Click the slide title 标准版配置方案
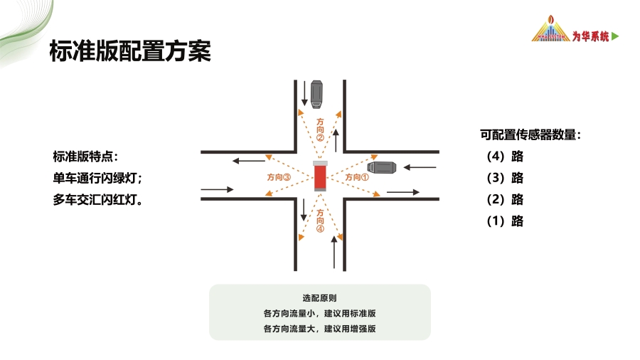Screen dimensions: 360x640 (x=130, y=52)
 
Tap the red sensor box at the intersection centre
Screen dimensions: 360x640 (x=321, y=176)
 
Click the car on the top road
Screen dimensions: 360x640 (x=316, y=94)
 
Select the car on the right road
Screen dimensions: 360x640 (x=380, y=168)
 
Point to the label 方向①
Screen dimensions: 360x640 (x=357, y=177)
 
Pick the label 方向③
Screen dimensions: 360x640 (x=279, y=177)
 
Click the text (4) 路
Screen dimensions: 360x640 (x=505, y=157)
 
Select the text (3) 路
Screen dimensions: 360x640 (x=505, y=178)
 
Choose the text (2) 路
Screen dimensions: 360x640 (x=505, y=199)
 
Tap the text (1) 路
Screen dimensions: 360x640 (x=505, y=221)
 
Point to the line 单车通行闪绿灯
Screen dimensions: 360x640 (x=97, y=178)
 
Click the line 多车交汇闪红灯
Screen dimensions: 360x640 (x=97, y=200)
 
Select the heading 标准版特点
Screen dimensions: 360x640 (x=86, y=156)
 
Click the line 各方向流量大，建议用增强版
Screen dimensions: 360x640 (x=319, y=329)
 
